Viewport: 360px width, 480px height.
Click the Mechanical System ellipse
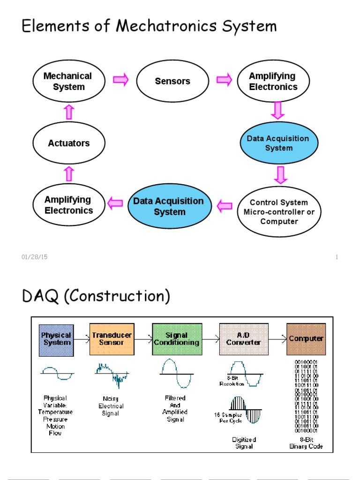coord(68,82)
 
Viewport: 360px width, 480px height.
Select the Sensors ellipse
coord(172,81)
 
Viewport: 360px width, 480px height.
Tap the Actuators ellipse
coord(68,143)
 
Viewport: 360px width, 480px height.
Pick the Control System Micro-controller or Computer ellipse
coord(279,211)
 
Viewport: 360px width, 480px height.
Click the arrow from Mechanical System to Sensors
coord(121,80)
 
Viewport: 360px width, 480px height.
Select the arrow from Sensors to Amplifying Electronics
coord(224,80)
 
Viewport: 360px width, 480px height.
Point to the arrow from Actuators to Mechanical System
coord(69,112)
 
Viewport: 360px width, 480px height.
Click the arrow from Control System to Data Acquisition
coord(225,205)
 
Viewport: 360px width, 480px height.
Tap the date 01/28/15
coord(35,257)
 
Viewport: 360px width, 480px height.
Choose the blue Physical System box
coord(56,339)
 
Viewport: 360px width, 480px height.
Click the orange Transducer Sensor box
coord(112,339)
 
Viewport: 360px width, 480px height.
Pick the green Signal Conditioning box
coord(177,339)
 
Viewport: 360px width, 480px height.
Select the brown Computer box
coord(306,339)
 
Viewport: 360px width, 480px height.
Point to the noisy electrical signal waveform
coord(112,373)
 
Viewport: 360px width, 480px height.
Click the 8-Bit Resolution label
coord(232,381)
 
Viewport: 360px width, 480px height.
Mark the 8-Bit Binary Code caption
coord(306,443)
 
